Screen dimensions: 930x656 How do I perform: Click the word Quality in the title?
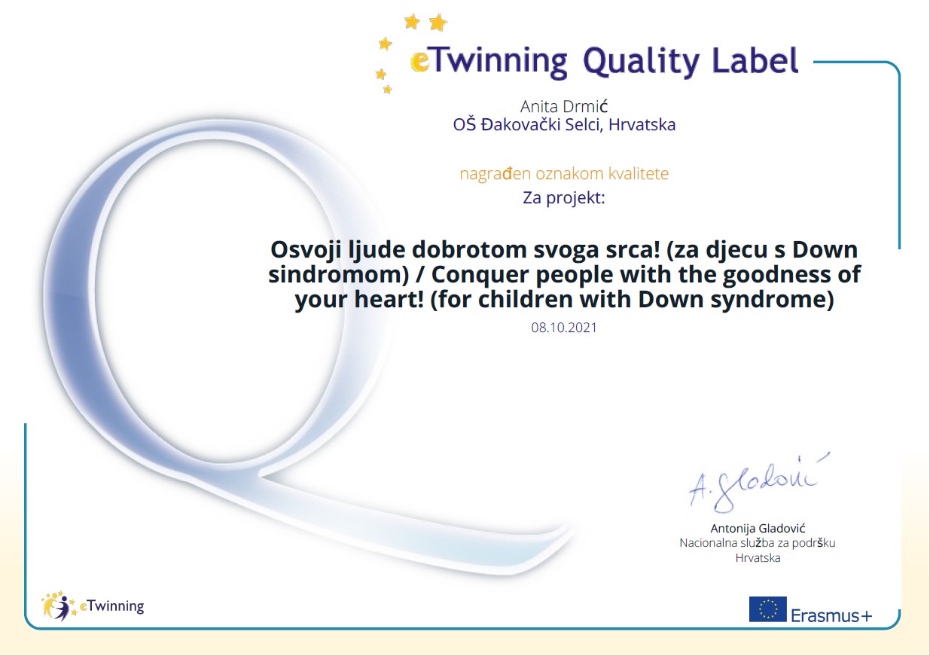click(x=642, y=63)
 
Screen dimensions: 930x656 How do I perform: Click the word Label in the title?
click(x=755, y=59)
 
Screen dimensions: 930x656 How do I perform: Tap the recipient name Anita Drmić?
click(x=564, y=107)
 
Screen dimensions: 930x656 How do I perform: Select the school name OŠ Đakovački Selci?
click(x=527, y=124)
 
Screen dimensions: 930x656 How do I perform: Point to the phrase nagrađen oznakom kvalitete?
click(x=564, y=173)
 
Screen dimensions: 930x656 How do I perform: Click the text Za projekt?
click(x=564, y=198)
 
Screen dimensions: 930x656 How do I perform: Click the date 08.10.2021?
click(x=564, y=328)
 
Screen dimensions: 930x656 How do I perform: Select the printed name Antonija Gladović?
click(x=758, y=528)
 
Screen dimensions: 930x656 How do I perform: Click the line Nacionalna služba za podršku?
click(x=758, y=543)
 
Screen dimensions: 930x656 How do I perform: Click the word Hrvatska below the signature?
click(x=758, y=557)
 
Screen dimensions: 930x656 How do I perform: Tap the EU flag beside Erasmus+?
click(x=767, y=609)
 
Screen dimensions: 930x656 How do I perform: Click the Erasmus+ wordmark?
click(x=831, y=615)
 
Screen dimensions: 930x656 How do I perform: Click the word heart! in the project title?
click(x=389, y=299)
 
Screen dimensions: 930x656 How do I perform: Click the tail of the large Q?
click(x=415, y=527)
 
